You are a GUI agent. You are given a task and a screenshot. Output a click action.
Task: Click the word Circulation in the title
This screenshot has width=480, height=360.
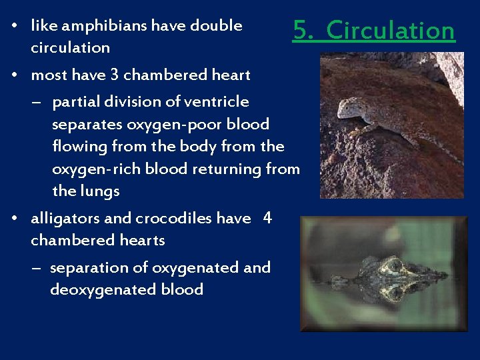point(391,31)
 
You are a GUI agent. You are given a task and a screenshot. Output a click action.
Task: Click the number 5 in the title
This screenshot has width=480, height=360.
point(301,31)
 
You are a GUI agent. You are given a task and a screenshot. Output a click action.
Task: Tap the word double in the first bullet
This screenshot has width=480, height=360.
point(216,26)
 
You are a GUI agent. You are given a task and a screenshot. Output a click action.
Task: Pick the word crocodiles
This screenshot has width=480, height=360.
point(176,219)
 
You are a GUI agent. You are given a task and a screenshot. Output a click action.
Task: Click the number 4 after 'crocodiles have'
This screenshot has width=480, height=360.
point(267,218)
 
